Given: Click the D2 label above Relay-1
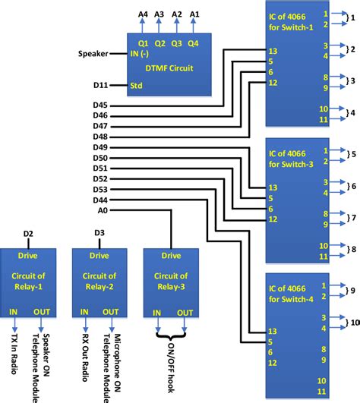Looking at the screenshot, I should [27, 232].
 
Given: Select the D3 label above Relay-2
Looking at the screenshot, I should [99, 232].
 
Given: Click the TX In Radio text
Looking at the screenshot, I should [14, 355].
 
